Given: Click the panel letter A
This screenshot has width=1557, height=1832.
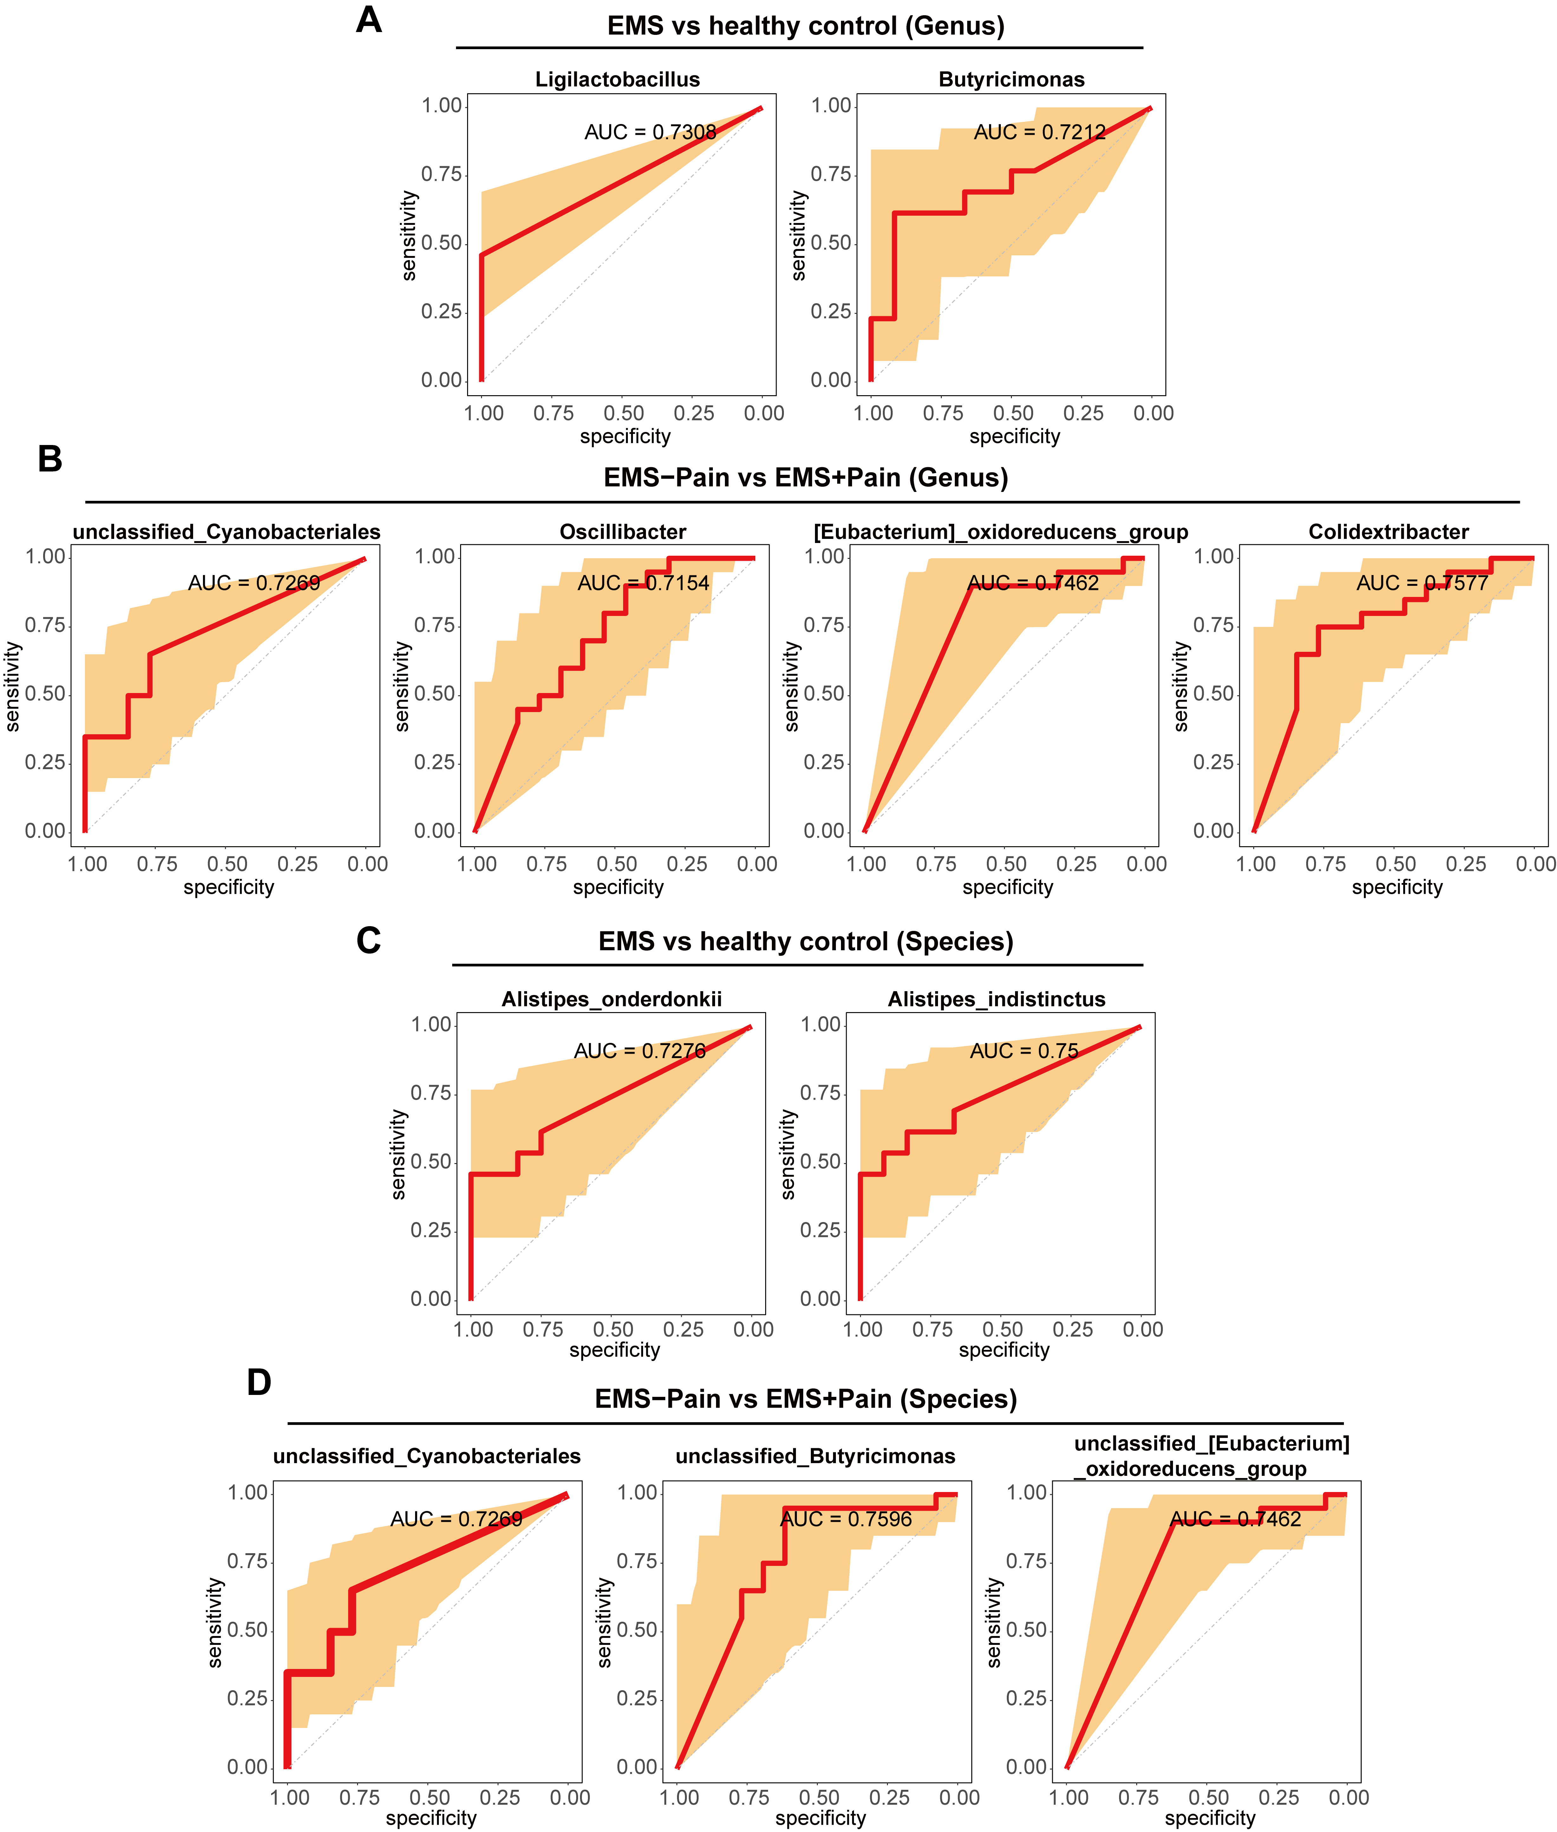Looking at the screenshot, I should pos(369,19).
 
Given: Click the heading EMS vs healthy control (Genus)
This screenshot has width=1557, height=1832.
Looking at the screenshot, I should pos(805,26).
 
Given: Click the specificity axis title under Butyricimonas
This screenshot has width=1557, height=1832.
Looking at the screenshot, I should pos(1014,436).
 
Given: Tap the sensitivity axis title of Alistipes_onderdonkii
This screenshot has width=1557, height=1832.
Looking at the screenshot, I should pos(398,1155).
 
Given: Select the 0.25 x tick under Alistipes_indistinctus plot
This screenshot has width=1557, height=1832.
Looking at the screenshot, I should pos(1072,1330).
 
